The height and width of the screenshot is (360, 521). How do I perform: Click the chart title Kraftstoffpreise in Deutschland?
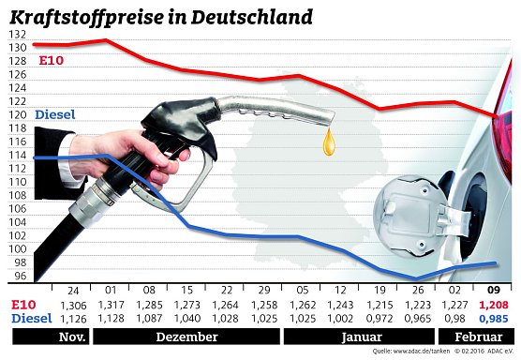coord(160,17)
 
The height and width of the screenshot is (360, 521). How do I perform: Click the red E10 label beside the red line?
coord(51,62)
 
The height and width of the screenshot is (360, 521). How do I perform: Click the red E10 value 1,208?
coord(494,306)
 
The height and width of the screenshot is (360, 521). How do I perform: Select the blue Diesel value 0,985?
coord(494,319)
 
